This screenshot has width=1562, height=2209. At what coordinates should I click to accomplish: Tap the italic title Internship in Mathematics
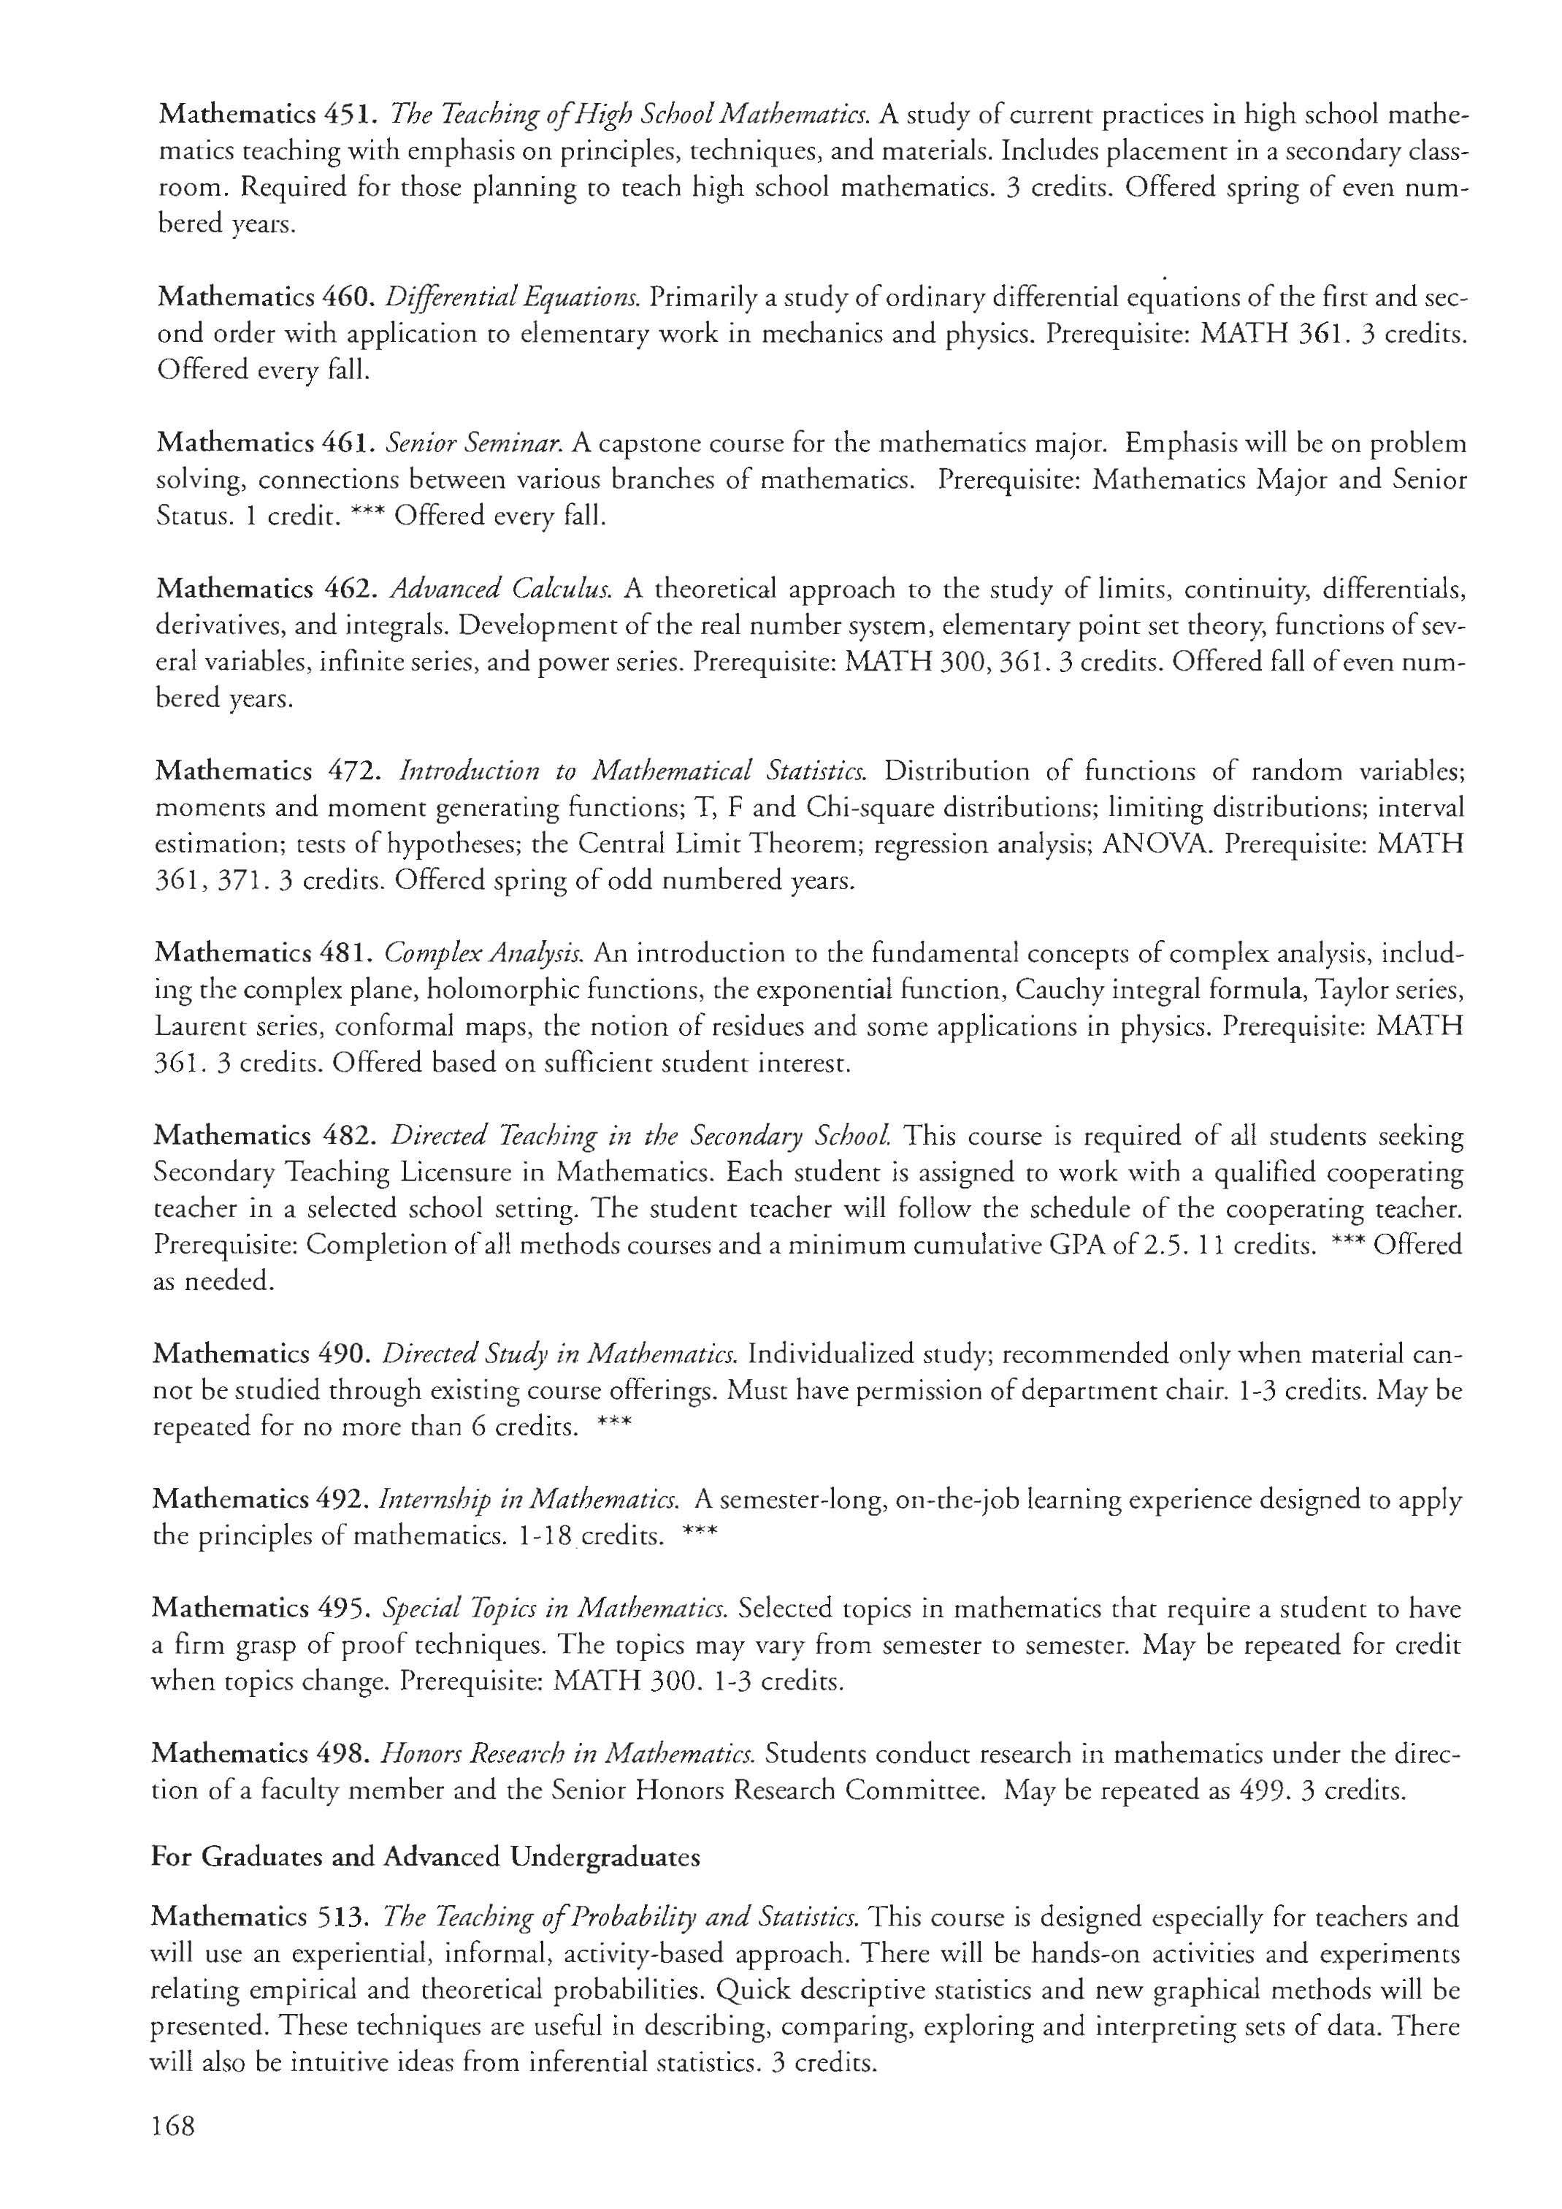click(531, 1500)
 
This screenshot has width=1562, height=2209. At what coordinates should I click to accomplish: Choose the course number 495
click(342, 1609)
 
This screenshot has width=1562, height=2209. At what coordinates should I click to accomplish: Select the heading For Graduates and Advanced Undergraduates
click(425, 1857)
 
